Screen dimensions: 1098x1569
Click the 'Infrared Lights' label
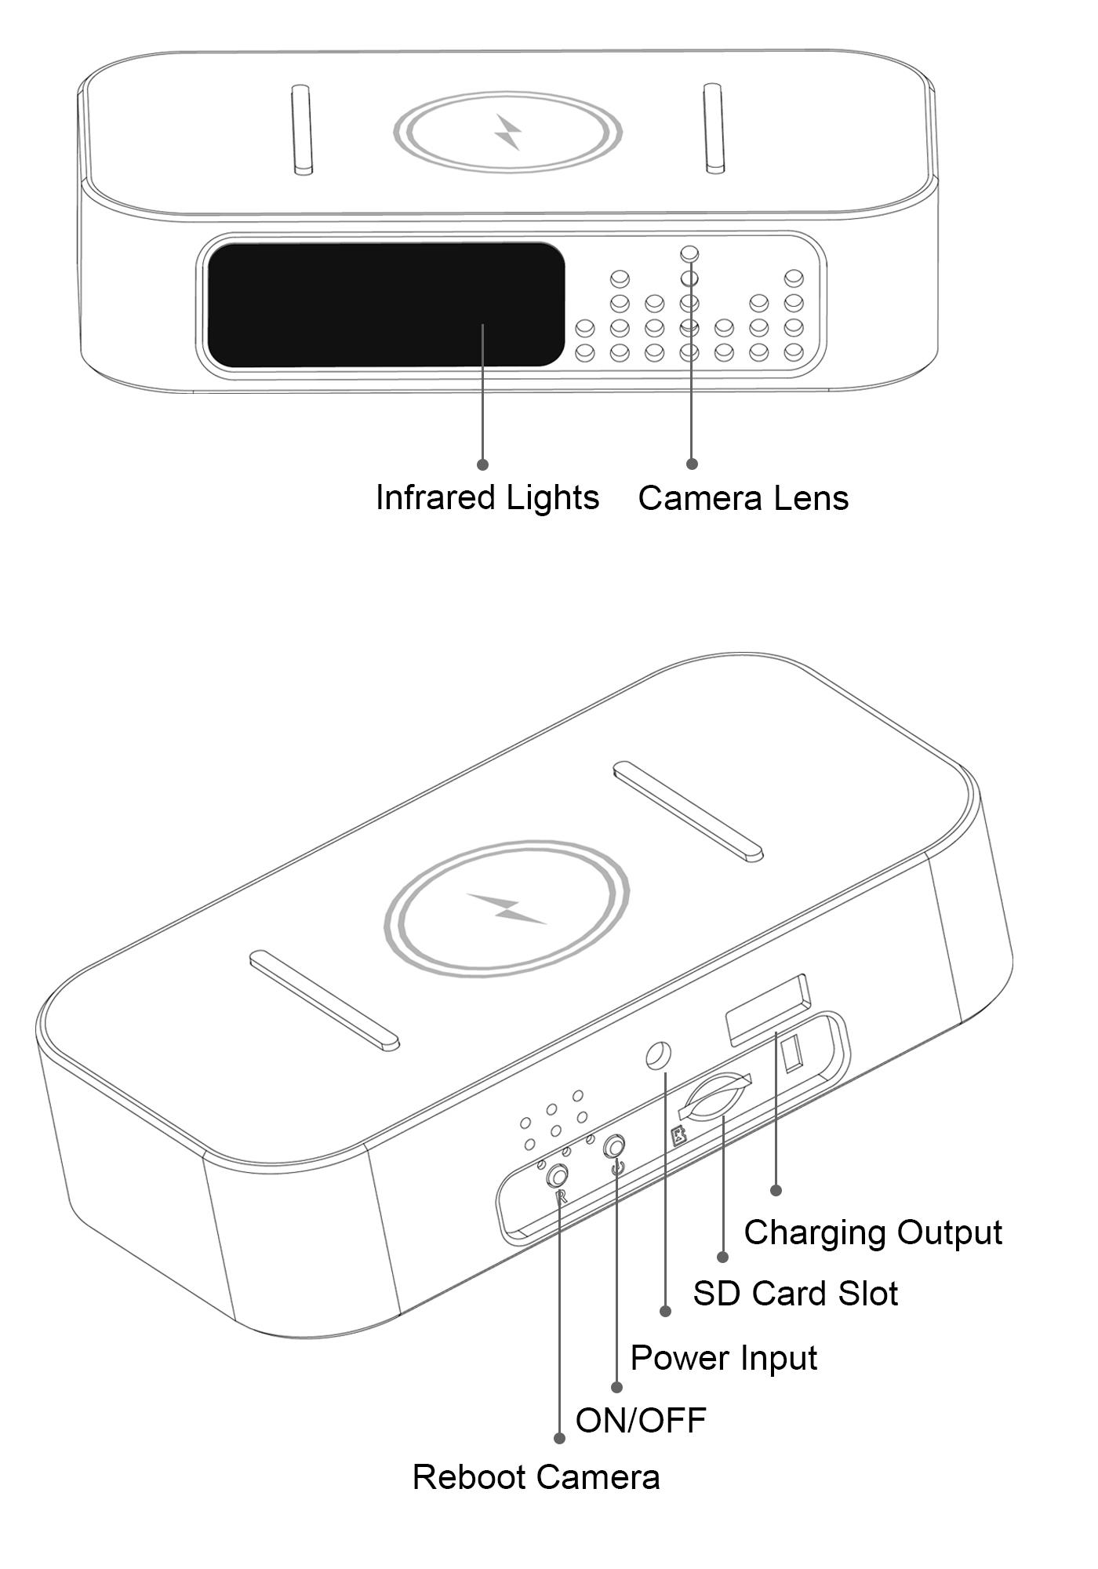487,498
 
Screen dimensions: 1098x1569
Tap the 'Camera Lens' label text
743,498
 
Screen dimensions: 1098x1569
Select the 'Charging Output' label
873,1232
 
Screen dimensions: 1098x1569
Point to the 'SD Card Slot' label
795,1293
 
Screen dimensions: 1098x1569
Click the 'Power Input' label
724,1358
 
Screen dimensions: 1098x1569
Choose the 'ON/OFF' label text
641,1420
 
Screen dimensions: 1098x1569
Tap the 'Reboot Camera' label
536,1477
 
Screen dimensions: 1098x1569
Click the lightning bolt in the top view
508,132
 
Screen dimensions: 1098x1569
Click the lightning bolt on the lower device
507,908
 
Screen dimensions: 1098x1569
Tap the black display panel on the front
386,304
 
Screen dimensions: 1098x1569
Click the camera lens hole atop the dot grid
689,253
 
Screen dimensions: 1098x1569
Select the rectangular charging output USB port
768,1010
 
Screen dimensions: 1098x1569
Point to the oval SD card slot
714,1096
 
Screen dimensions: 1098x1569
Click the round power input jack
658,1056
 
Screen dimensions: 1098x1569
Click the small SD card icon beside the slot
679,1136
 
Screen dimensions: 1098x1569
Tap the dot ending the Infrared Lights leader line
482,464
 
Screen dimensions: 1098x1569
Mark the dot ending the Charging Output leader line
776,1190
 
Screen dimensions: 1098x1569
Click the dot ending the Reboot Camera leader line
559,1438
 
